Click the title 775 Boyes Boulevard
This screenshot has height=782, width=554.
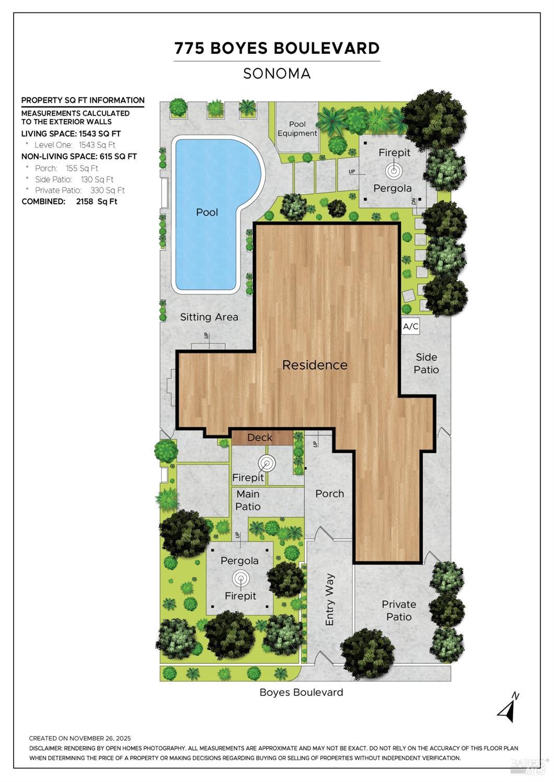(277, 48)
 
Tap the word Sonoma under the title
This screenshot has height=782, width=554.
(277, 74)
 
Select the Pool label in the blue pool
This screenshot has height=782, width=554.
(207, 212)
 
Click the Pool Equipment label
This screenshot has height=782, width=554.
(297, 128)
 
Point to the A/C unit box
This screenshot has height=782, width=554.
(411, 327)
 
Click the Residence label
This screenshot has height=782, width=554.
(315, 365)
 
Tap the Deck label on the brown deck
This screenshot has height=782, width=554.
(260, 437)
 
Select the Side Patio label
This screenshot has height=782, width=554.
(426, 363)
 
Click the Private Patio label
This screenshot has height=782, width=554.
(399, 610)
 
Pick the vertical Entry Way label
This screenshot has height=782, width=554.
(330, 600)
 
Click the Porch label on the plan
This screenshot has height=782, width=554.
(330, 493)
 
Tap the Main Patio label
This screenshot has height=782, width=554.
(248, 500)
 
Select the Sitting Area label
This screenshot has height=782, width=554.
(209, 317)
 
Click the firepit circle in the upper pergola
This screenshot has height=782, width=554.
(393, 170)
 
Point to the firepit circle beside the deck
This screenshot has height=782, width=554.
(267, 463)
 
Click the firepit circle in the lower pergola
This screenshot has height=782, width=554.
(240, 578)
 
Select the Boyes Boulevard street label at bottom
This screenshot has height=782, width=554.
(301, 692)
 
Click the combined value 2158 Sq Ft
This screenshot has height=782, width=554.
(97, 202)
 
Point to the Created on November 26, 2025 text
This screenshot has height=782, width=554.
(80, 738)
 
